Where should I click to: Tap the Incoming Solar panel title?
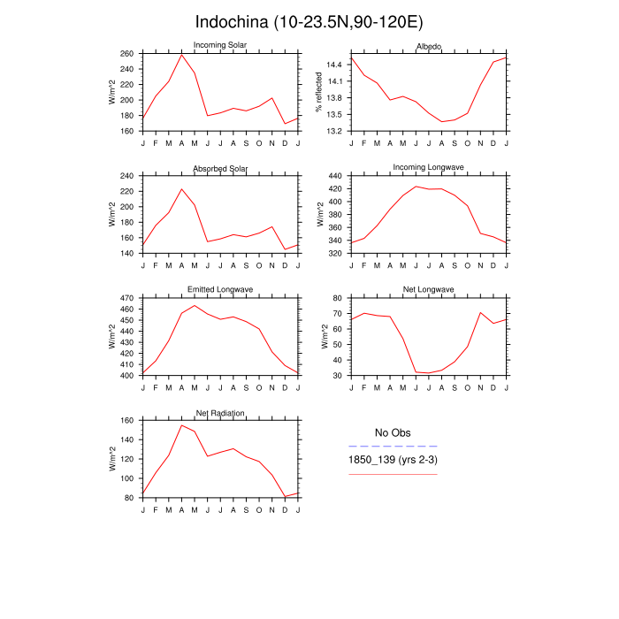220,45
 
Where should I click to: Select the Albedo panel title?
429,45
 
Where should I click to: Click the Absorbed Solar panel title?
220,168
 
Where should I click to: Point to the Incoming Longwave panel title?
429,167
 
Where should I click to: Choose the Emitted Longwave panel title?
220,290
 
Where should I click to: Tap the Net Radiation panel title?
220,413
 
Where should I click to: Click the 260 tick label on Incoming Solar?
126,54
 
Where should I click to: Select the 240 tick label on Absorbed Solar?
126,176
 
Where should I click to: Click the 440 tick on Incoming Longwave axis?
335,176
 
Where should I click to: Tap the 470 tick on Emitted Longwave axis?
126,299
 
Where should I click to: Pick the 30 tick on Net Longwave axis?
337,375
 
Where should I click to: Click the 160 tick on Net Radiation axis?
126,421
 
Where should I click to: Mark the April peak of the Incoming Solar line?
181,55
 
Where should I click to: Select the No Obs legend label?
393,432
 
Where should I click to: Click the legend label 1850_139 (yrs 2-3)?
393,461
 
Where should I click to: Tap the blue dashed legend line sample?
393,447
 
